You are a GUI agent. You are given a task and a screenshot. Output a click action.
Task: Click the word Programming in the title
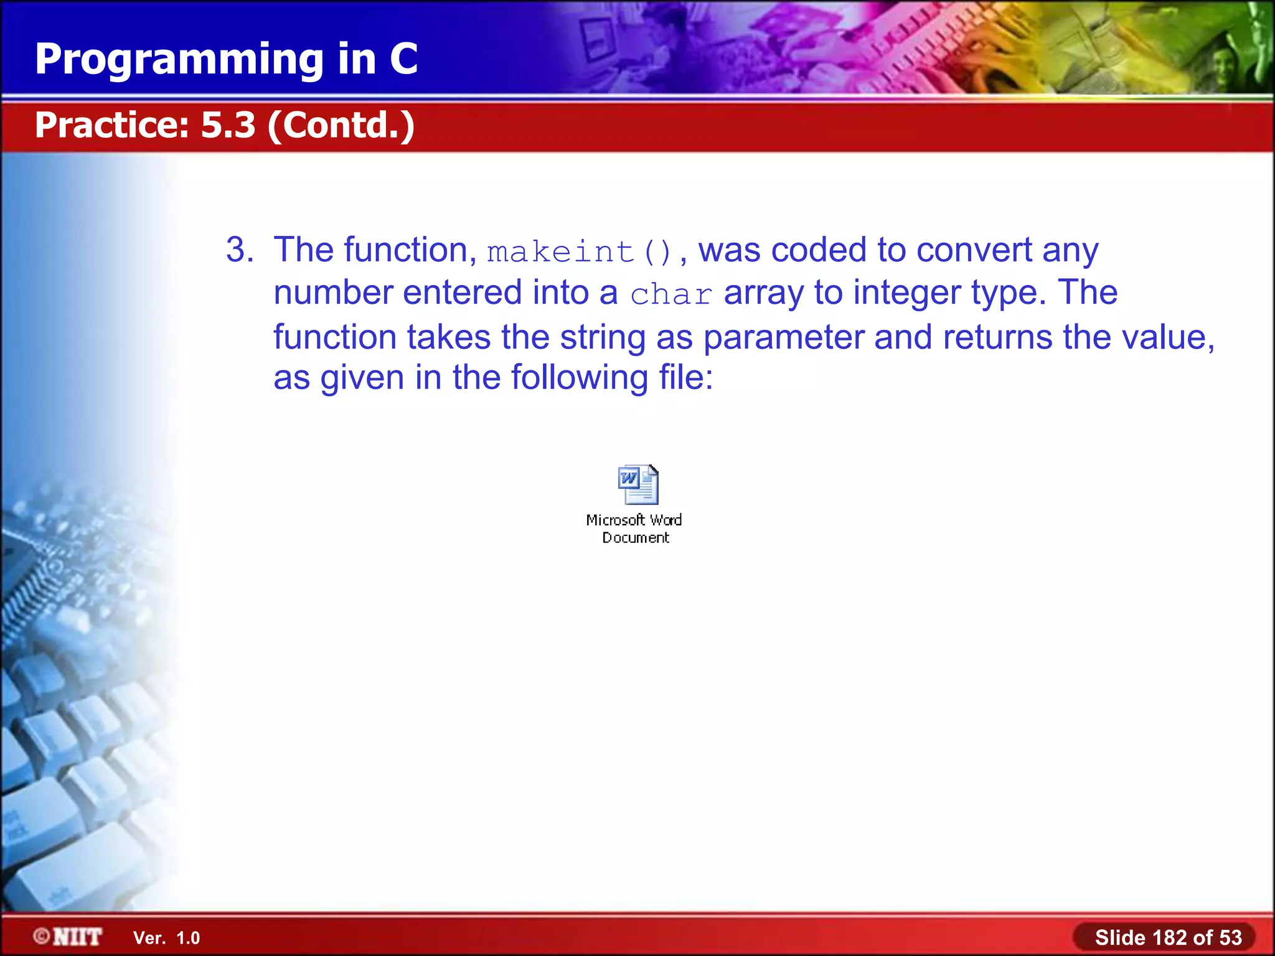[x=179, y=60]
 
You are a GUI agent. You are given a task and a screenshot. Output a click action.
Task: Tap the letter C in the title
[x=403, y=59]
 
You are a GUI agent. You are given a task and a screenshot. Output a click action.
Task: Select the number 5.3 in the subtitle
[x=228, y=124]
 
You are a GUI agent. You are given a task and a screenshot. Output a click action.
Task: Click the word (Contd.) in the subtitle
[x=341, y=125]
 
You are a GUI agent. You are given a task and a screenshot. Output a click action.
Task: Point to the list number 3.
[x=239, y=250]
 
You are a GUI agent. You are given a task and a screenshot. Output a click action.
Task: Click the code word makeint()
[x=580, y=252]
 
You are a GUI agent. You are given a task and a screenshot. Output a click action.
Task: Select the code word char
[x=670, y=294]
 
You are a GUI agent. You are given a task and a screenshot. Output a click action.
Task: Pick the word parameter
[x=783, y=337]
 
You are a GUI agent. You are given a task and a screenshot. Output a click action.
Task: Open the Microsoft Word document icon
[x=637, y=484]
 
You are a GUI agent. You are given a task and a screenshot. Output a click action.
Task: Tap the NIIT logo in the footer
[x=68, y=936]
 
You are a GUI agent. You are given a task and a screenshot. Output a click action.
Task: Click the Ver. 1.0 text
[x=166, y=937]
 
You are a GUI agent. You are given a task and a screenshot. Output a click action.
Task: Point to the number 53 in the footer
[x=1230, y=937]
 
